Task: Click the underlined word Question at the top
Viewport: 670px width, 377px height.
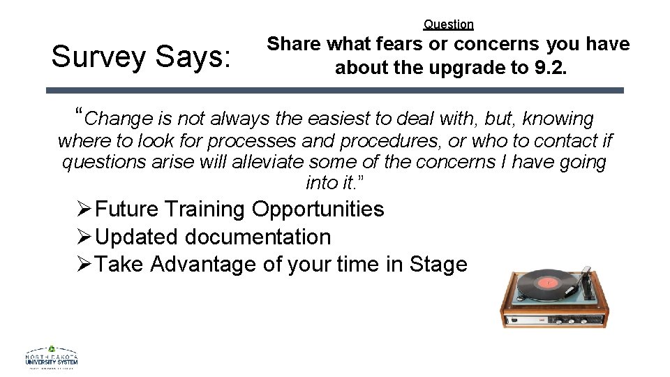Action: (448, 24)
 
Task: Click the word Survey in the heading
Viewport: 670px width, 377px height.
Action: (99, 57)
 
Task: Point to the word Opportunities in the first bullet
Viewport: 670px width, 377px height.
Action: (318, 209)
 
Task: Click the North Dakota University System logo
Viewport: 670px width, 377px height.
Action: (52, 358)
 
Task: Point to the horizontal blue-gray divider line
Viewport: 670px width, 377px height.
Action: (335, 90)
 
